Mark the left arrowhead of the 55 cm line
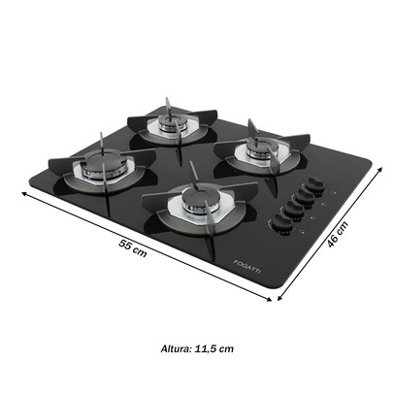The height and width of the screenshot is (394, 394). point(22,192)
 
